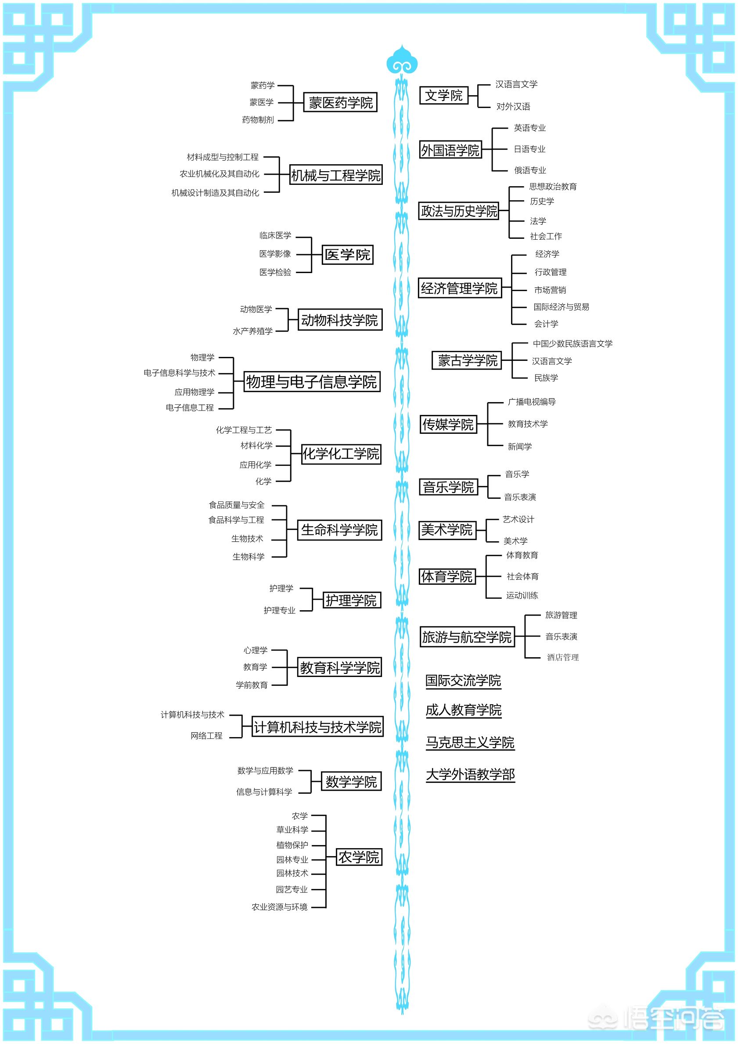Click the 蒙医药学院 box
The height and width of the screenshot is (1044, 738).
[340, 103]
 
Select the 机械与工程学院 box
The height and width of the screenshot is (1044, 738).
[336, 175]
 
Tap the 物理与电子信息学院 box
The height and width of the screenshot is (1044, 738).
[312, 382]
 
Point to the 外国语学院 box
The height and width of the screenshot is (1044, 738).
[450, 150]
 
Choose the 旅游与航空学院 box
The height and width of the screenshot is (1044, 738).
[467, 637]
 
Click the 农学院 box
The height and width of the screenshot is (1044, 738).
[359, 857]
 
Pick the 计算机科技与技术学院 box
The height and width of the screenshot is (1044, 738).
[317, 727]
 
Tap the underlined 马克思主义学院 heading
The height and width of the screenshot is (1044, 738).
[470, 743]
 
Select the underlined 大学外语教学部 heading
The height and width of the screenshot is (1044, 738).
[470, 775]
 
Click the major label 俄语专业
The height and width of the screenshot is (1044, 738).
[530, 170]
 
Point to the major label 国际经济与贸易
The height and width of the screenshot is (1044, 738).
[561, 307]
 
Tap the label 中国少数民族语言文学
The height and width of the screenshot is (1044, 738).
[572, 344]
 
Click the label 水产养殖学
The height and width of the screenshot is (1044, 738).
[253, 331]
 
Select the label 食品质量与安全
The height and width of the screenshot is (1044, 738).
[237, 505]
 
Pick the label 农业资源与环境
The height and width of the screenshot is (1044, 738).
[280, 907]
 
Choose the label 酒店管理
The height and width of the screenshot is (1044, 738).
[562, 658]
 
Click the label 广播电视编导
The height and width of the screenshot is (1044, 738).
[532, 402]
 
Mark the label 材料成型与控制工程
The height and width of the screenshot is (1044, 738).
[222, 157]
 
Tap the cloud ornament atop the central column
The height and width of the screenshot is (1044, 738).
[402, 60]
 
